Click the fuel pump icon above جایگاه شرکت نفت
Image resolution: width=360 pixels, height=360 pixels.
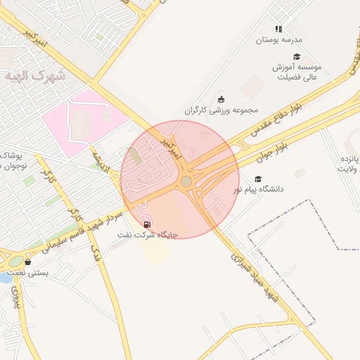(x=147, y=224)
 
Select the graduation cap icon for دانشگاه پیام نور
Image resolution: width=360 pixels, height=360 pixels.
(x=258, y=179)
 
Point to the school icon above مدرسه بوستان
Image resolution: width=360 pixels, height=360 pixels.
(x=278, y=29)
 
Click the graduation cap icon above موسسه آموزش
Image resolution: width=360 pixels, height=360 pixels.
(x=296, y=57)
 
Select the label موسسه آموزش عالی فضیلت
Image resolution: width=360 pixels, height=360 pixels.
(x=297, y=72)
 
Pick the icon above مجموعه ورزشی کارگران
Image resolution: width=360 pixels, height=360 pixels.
(x=221, y=99)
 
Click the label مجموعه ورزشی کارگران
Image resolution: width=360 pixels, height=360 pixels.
(x=221, y=110)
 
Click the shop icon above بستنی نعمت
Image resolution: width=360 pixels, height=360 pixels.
(x=28, y=262)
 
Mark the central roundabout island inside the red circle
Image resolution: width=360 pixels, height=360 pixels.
(x=186, y=181)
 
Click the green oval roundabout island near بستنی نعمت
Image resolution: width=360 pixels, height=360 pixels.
(x=15, y=262)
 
